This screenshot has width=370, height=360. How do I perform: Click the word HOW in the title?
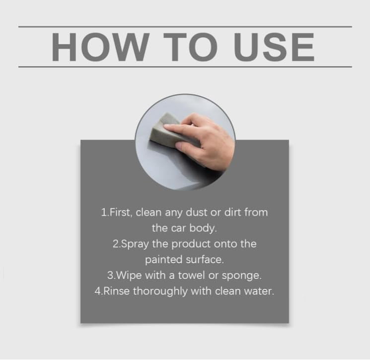coord(101,47)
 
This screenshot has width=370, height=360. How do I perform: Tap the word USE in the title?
coord(274,47)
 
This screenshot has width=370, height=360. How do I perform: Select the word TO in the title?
coord(190,47)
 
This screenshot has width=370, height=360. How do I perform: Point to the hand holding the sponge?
coord(203,140)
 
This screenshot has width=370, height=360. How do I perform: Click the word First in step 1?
coord(120,212)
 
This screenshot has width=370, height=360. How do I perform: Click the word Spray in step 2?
coord(135,244)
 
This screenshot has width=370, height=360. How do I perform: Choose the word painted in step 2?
coord(163,260)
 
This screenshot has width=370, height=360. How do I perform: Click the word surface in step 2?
coord(204,260)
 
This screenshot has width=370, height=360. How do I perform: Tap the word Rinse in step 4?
coord(117,291)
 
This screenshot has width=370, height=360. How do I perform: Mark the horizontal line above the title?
coord(185,27)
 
